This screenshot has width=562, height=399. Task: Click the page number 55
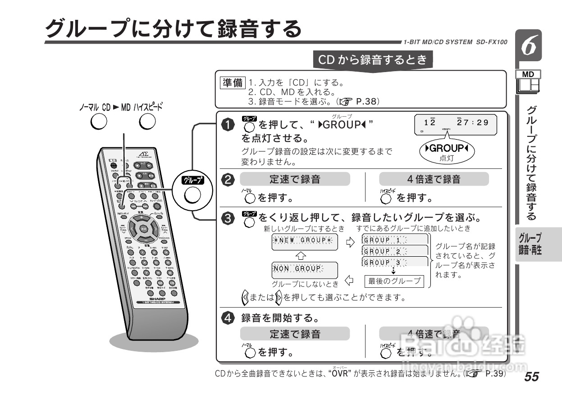click(x=531, y=377)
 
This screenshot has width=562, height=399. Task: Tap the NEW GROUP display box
click(x=305, y=240)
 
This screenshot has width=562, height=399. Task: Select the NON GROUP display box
click(x=297, y=268)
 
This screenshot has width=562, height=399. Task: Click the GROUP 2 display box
click(x=395, y=251)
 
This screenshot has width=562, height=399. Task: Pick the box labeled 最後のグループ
click(x=394, y=281)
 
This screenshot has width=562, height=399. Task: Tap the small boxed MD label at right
click(x=529, y=74)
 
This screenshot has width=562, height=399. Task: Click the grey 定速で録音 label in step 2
click(x=295, y=179)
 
